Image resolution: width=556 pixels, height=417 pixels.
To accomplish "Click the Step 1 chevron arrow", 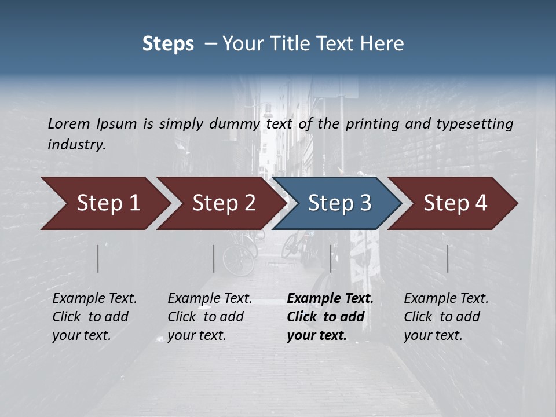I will [104, 203].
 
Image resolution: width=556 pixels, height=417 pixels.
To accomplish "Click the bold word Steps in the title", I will [168, 44].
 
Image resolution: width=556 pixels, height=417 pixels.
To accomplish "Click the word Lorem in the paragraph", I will [69, 123].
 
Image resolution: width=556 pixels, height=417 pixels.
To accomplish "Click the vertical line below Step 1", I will [98, 258].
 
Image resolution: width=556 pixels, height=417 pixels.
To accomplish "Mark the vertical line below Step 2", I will [214, 258].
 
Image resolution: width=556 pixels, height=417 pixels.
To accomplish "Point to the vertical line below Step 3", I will [331, 258].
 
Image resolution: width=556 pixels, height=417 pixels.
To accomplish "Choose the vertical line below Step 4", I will [448, 258].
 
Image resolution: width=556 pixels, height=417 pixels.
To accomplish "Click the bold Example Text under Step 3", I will [330, 298].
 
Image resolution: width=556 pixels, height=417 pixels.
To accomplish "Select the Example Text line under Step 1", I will [94, 298].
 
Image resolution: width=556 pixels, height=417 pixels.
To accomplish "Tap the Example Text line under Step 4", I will [446, 298].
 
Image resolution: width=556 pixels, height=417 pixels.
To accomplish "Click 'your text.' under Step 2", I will [196, 335].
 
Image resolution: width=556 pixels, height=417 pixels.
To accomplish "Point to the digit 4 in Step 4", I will [481, 203].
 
